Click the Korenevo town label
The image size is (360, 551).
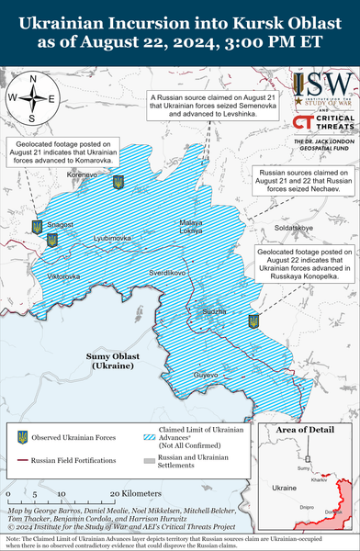[83, 173]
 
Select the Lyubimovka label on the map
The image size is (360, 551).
[112, 238]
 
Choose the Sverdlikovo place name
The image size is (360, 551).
[168, 273]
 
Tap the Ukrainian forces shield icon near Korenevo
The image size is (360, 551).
[118, 183]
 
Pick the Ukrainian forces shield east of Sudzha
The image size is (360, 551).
[253, 321]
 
